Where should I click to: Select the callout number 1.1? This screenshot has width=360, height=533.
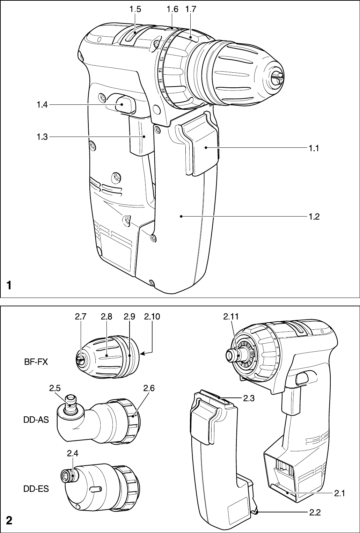(314, 148)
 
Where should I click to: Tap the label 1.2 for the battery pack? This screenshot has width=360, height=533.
(314, 217)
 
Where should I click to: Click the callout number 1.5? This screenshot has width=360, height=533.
(134, 10)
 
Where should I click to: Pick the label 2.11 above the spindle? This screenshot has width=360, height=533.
(231, 317)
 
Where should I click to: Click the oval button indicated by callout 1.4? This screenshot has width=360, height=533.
(124, 104)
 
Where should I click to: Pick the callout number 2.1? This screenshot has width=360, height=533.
(339, 493)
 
